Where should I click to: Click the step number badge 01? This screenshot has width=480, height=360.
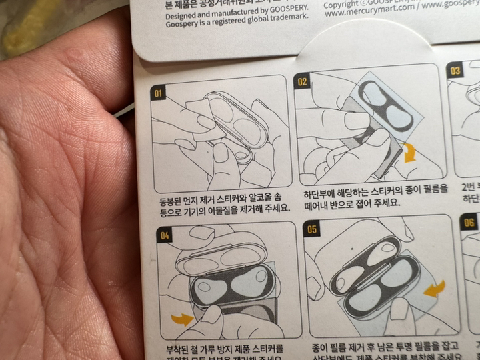(158, 93)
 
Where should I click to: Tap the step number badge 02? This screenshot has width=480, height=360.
(302, 81)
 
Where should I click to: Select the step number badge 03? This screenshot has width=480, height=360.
(455, 71)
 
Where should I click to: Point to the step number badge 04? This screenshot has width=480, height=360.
(165, 235)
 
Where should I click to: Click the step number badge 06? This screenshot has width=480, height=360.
(469, 222)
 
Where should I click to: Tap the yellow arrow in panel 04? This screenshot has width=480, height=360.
(182, 319)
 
